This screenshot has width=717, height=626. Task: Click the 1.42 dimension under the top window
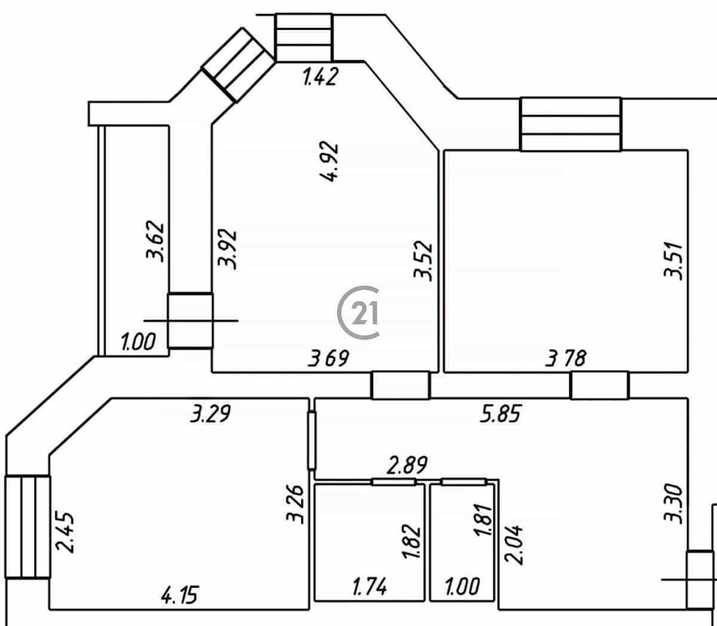(320, 76)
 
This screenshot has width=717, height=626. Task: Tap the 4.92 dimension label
(330, 161)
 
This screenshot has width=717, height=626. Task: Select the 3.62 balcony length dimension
(155, 241)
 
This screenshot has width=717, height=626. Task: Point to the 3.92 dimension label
(227, 248)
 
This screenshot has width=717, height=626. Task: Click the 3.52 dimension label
(424, 260)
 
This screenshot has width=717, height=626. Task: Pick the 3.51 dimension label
(673, 260)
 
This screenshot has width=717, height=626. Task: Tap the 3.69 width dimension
(329, 358)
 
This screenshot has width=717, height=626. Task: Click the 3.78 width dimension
(566, 358)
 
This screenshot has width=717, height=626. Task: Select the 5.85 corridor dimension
(501, 413)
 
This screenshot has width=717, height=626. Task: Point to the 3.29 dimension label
(210, 413)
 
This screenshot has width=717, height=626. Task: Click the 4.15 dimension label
(180, 594)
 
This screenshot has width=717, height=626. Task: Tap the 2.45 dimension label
(65, 533)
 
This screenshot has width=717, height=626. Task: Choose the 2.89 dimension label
(407, 465)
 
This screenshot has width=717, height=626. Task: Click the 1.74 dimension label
(370, 587)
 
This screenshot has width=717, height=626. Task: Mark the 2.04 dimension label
(514, 545)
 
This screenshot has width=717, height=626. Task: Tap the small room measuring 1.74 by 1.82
(369, 542)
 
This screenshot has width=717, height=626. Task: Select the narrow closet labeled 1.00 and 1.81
(462, 542)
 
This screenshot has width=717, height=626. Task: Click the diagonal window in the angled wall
(238, 65)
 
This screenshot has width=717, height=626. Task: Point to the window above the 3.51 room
(571, 124)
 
